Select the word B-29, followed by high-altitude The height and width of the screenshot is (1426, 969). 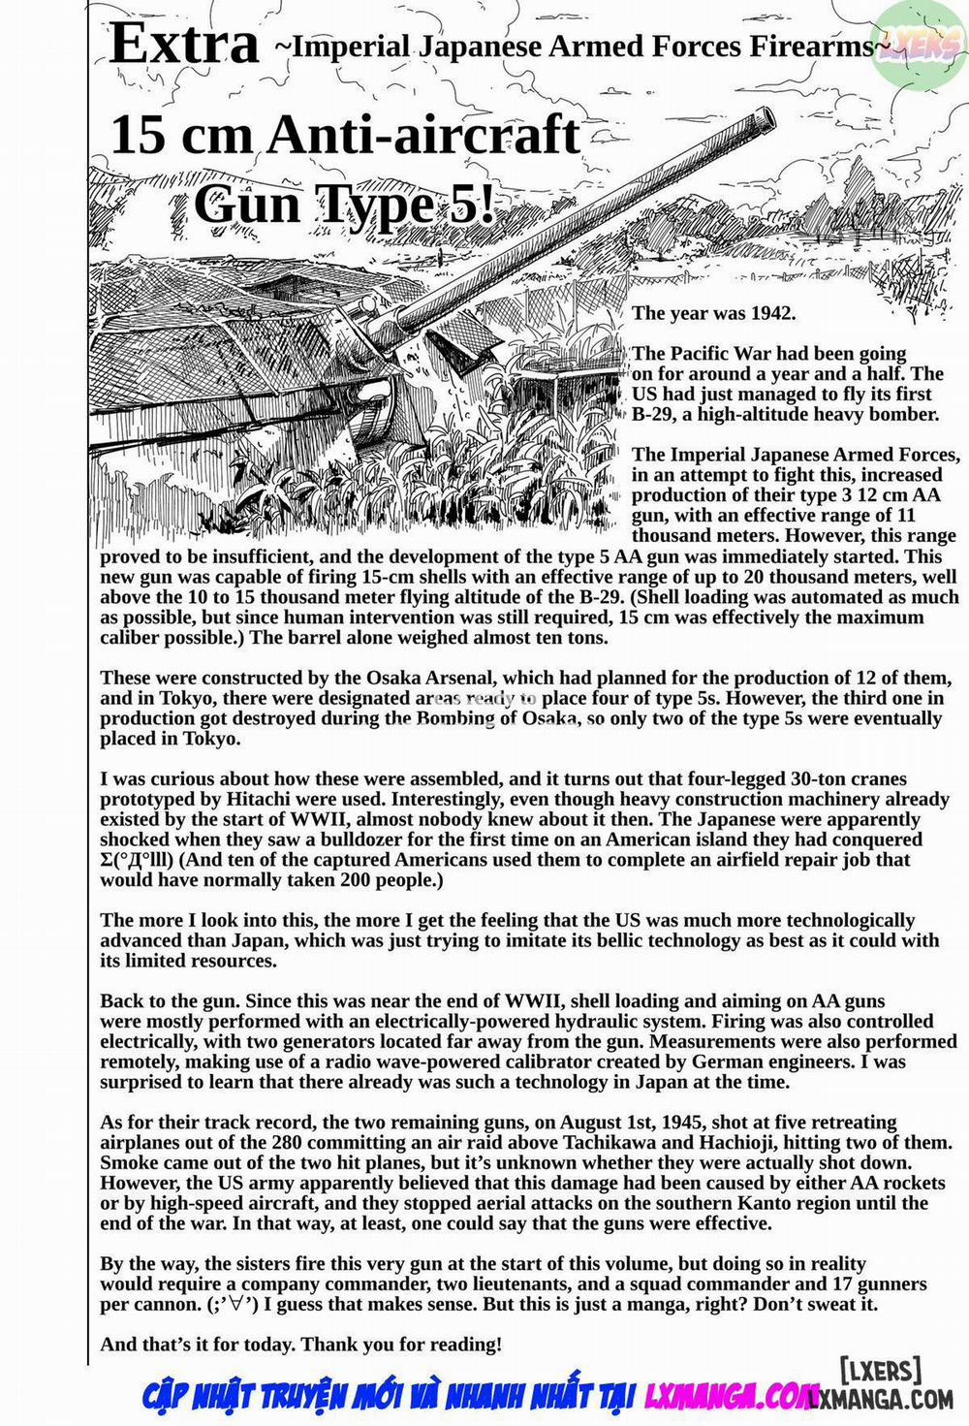(x=655, y=414)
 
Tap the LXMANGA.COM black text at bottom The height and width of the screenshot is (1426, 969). (x=882, y=1398)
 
